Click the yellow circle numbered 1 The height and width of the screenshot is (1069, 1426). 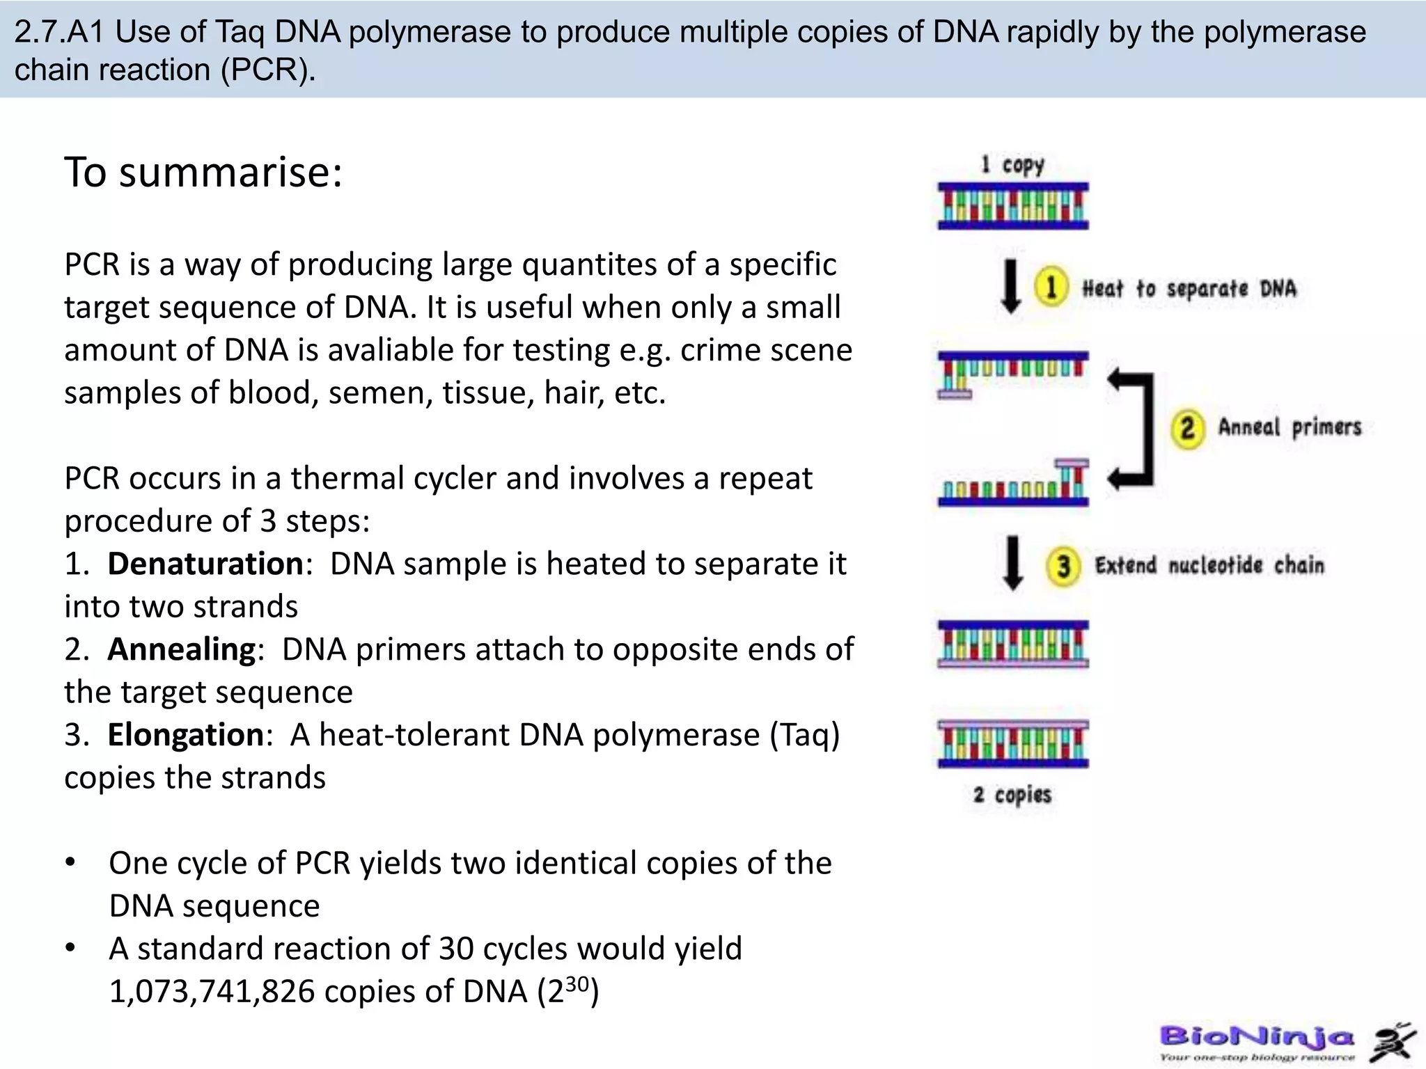click(x=1051, y=287)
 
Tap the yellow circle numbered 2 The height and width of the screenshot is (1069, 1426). click(x=1187, y=427)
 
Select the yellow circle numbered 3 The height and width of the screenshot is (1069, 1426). click(x=1063, y=566)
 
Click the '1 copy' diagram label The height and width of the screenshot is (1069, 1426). click(x=1012, y=165)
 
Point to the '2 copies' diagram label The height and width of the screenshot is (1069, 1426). click(x=1012, y=795)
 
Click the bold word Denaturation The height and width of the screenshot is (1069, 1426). click(x=205, y=564)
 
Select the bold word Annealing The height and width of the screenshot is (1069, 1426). click(x=182, y=649)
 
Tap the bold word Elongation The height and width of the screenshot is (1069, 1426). click(x=185, y=735)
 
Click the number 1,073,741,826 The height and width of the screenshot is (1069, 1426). click(x=212, y=992)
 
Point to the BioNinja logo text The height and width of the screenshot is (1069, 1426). click(x=1257, y=1038)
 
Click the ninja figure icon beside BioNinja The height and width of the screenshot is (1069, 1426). click(x=1392, y=1043)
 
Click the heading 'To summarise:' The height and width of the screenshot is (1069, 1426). click(x=203, y=172)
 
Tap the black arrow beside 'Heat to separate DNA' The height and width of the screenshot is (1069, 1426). click(x=1011, y=287)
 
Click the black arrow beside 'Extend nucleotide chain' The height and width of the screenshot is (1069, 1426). click(x=1012, y=562)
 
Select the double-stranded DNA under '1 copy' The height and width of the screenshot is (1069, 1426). click(x=1012, y=206)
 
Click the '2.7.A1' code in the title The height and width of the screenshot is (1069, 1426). click(x=58, y=32)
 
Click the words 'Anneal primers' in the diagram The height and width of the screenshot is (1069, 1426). click(x=1289, y=427)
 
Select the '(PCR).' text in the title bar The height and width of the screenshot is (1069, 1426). click(x=268, y=70)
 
